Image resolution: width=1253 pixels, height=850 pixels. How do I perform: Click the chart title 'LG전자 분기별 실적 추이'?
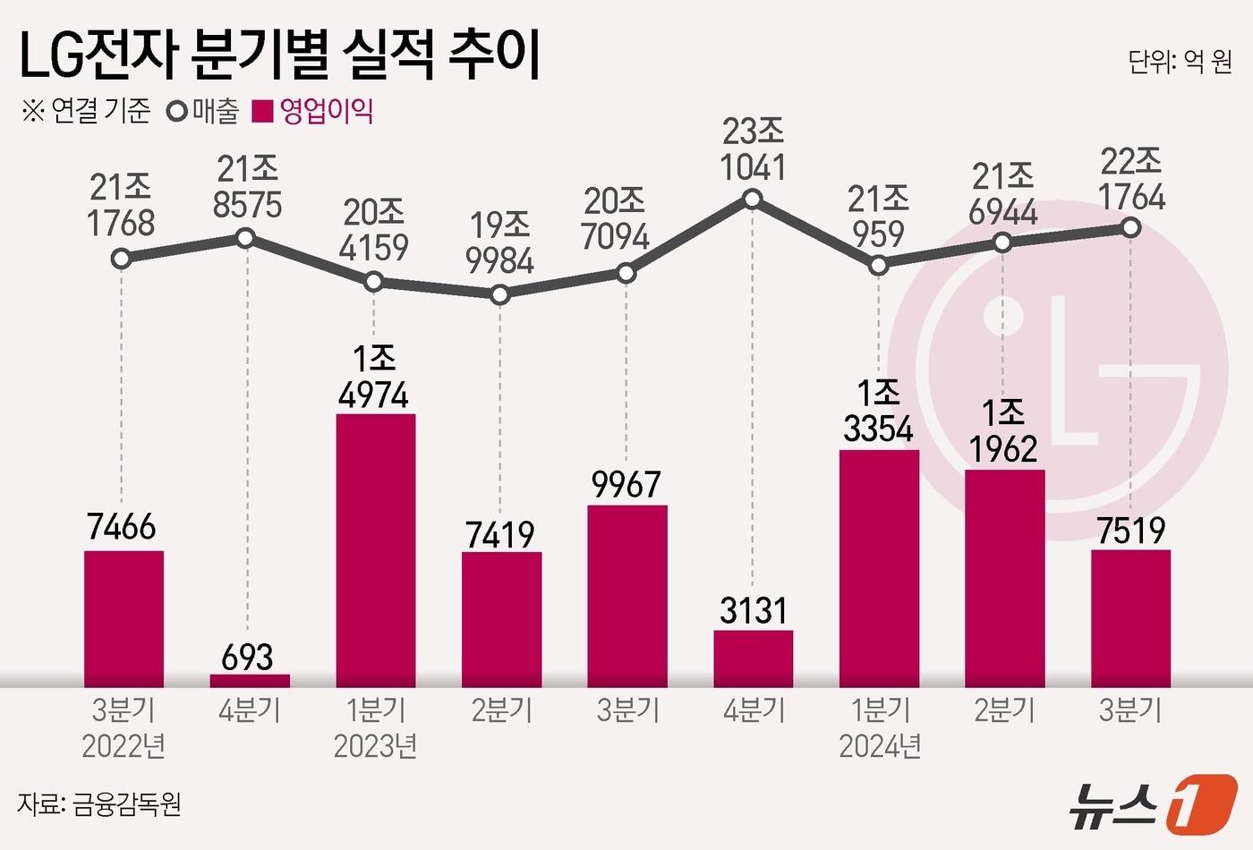click(279, 55)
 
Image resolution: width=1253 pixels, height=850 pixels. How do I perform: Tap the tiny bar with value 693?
click(250, 680)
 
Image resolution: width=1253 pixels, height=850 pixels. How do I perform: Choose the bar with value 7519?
click(1130, 617)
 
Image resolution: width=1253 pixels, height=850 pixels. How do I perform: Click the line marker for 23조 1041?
click(753, 199)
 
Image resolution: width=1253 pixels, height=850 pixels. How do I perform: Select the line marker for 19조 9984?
click(500, 293)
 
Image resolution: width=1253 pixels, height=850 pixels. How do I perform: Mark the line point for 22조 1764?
click(1130, 228)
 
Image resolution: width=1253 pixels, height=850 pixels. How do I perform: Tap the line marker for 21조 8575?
click(246, 238)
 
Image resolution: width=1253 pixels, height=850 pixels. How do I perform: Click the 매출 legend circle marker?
click(176, 113)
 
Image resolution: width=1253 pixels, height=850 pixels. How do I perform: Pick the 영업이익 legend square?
click(262, 113)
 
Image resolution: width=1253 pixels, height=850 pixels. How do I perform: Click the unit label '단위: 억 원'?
click(1180, 62)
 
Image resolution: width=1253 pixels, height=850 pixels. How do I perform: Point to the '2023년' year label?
click(375, 745)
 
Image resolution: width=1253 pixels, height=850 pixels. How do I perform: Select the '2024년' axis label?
click(880, 745)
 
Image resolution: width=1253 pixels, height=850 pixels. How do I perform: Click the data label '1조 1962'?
click(1003, 431)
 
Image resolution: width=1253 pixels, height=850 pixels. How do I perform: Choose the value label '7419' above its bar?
click(500, 535)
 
